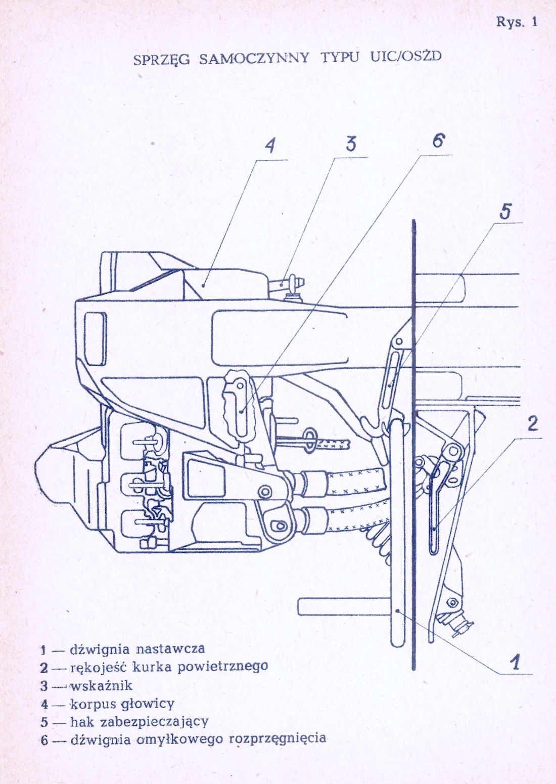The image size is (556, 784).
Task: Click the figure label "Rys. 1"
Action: point(516,22)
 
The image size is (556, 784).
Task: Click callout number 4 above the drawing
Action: point(271,146)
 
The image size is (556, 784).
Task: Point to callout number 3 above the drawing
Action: point(351,144)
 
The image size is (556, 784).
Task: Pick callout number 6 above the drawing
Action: point(438,141)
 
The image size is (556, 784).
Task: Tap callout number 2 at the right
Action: point(533,423)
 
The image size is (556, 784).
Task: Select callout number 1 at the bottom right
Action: point(515,662)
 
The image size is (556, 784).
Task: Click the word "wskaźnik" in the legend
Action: point(101,685)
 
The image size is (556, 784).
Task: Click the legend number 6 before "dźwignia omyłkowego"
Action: point(44,741)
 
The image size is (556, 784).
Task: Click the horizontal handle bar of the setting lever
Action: point(344,606)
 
